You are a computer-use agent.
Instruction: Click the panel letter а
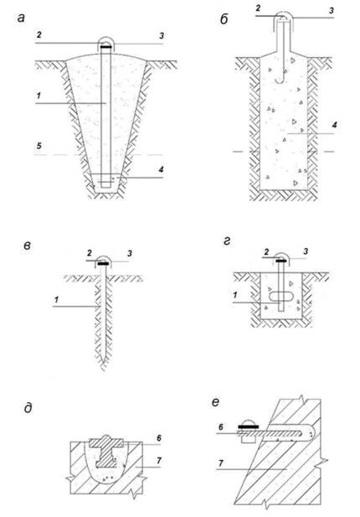point(21,18)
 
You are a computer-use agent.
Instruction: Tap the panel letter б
point(224,19)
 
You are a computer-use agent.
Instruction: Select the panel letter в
point(28,246)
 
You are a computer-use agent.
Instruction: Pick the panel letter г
point(227,241)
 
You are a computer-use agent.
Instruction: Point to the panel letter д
point(28,408)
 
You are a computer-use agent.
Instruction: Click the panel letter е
point(215,402)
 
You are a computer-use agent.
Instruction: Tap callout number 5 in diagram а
point(39,146)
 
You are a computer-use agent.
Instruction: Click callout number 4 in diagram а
point(161,169)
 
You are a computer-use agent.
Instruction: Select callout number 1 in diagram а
point(39,96)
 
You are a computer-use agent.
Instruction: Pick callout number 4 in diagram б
point(334,125)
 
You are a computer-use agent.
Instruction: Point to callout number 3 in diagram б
point(332,11)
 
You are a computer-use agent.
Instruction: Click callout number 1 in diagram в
point(56,300)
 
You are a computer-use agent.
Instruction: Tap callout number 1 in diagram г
point(235,295)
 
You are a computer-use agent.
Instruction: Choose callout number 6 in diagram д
point(159,438)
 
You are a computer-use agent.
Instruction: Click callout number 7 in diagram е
point(221,463)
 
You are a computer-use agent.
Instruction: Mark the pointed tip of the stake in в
point(104,362)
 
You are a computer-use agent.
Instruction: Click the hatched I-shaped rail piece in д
point(106,451)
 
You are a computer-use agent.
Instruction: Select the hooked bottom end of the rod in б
point(280,80)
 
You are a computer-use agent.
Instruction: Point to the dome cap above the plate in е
point(248,422)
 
